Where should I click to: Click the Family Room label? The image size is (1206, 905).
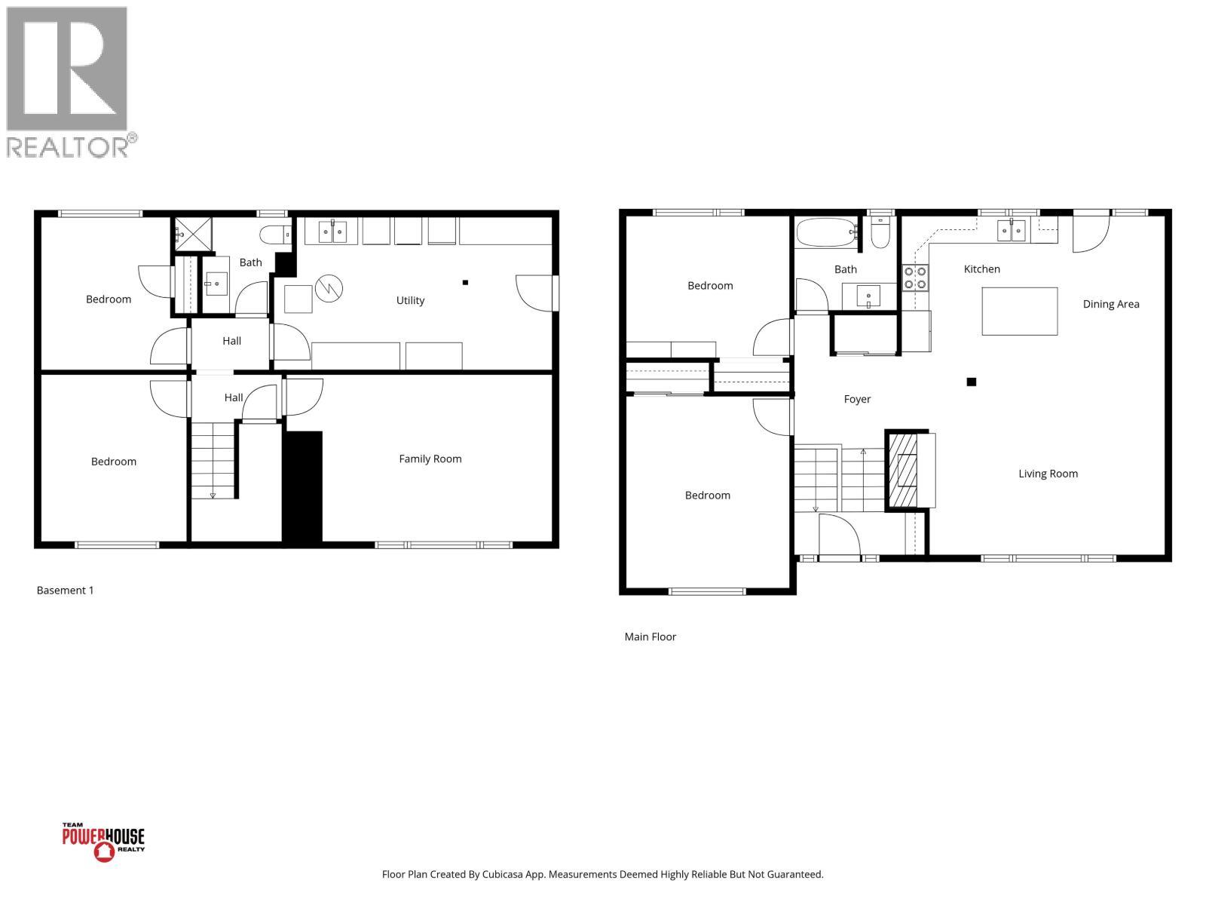[x=430, y=459]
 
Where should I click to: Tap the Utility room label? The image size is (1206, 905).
[x=410, y=300]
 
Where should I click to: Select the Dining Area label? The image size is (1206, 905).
[x=1110, y=304]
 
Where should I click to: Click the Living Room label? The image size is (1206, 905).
[x=1048, y=474]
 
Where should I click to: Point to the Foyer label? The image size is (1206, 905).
[x=857, y=399]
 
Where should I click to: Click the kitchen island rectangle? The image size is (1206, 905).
[x=1019, y=311]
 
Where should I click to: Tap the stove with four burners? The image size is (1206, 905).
[x=916, y=278]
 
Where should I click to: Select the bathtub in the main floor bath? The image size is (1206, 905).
[x=826, y=232]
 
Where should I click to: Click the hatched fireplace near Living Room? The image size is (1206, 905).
[x=902, y=471]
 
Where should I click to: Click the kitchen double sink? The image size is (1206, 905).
[x=1011, y=230]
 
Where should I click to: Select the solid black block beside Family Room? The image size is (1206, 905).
[x=302, y=486]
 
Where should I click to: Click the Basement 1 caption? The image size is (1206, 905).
[x=65, y=591]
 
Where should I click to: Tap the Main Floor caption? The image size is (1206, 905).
[x=650, y=637]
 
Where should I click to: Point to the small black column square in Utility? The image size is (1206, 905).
[x=465, y=283]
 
